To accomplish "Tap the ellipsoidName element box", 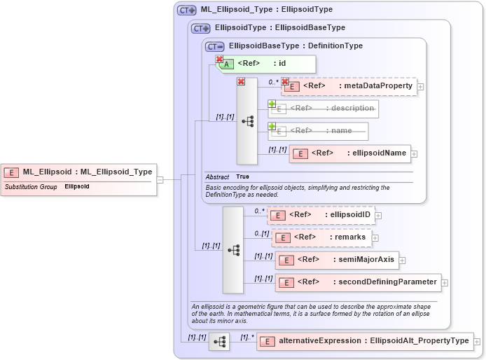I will pyautogui.click(x=349, y=153).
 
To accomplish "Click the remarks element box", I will pyautogui.click(x=321, y=237).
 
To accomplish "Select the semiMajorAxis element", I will pyautogui.click(x=336, y=260).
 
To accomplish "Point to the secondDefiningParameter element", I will pyautogui.click(x=358, y=282).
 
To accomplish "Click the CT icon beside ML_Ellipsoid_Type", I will pyautogui.click(x=187, y=11).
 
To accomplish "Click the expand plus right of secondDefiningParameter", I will pyautogui.click(x=445, y=283).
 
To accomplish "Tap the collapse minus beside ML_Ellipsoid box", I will pyautogui.click(x=160, y=179).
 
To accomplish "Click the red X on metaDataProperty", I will pyautogui.click(x=285, y=81).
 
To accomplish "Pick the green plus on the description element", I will pyautogui.click(x=272, y=104).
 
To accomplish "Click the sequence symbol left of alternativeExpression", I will pyautogui.click(x=219, y=342).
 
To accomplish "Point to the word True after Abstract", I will pyautogui.click(x=242, y=176).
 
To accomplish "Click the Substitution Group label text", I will pyautogui.click(x=31, y=187).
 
